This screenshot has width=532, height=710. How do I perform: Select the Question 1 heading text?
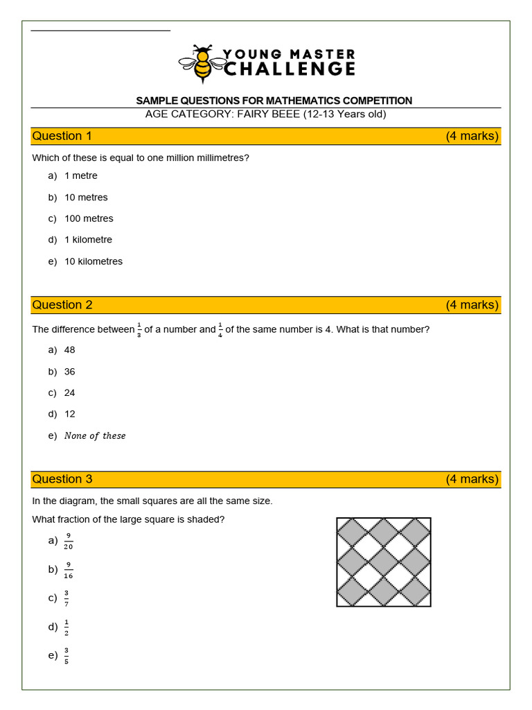click(x=62, y=136)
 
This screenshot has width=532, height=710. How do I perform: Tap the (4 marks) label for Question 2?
click(x=472, y=305)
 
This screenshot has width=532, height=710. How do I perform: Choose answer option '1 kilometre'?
click(x=88, y=240)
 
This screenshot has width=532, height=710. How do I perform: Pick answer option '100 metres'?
click(x=89, y=218)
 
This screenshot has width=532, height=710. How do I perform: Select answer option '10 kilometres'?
click(x=94, y=261)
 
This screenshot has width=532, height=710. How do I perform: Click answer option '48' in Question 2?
click(x=69, y=350)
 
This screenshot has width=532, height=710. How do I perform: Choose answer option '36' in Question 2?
click(x=69, y=372)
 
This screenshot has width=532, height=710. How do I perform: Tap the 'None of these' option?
click(x=95, y=436)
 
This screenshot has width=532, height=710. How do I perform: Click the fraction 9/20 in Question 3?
click(x=69, y=541)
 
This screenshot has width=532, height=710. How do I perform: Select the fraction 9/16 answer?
click(x=69, y=570)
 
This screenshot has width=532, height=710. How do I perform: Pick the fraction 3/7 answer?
click(x=66, y=598)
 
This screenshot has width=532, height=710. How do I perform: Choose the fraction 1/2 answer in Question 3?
click(x=66, y=627)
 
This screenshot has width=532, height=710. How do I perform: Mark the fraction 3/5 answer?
click(x=66, y=655)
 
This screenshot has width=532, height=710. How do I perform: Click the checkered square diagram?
click(x=384, y=562)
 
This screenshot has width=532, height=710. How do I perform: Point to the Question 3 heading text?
click(x=62, y=479)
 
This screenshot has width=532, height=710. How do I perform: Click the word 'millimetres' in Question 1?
click(x=222, y=158)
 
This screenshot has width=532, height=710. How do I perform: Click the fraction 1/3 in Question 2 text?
click(x=139, y=330)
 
